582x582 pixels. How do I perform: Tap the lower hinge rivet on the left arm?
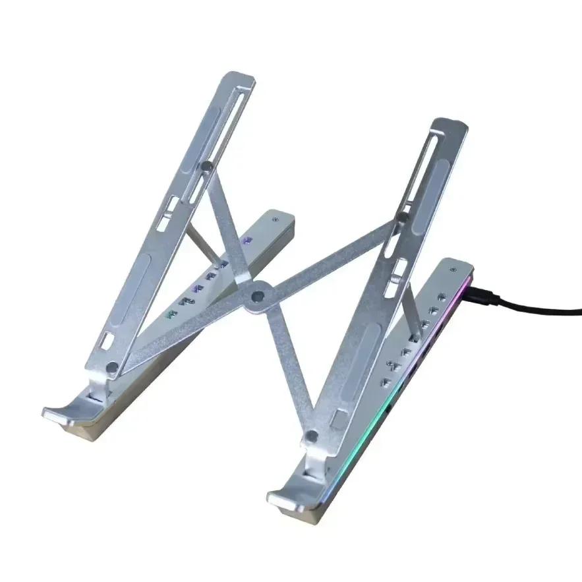tap(113, 367)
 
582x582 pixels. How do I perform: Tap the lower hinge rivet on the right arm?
tap(312, 436)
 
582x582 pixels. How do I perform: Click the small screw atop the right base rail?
tap(452, 270)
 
